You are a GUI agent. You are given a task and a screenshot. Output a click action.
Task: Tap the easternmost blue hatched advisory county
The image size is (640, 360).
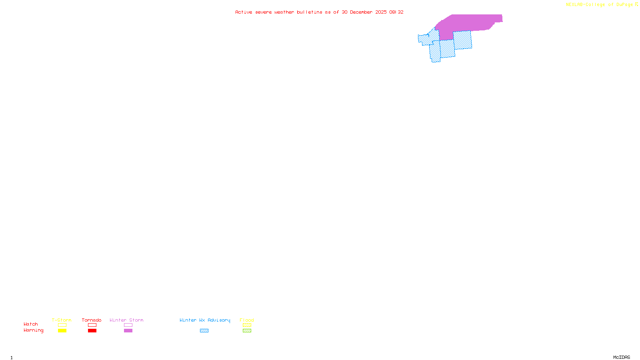coord(463,40)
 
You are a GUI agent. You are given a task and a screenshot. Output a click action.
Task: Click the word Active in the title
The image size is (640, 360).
coord(244,12)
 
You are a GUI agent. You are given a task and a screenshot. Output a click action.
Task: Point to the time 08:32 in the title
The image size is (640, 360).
coord(396,12)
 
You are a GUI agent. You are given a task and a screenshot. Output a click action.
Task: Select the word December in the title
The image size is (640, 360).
coord(361,12)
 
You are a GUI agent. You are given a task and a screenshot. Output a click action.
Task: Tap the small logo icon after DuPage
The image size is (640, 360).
coord(636,5)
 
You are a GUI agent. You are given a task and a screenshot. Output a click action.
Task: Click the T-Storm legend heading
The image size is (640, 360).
coord(62,320)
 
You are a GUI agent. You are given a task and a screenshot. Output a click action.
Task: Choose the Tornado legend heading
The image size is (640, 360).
coord(92,320)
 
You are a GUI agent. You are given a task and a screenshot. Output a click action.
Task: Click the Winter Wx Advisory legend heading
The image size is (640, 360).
coord(205,320)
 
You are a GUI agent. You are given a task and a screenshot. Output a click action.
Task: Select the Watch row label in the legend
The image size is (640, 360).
coord(31,324)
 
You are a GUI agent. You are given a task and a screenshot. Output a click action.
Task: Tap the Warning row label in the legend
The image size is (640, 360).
coord(34,330)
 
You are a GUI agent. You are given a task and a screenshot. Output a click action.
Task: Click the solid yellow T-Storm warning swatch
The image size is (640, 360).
coord(62,331)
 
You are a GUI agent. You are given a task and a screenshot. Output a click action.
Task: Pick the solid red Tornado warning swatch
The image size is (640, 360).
coord(92,331)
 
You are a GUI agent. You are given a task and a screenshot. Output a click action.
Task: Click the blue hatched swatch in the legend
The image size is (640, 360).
coord(204,331)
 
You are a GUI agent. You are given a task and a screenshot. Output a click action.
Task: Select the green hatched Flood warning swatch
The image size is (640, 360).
coord(247,331)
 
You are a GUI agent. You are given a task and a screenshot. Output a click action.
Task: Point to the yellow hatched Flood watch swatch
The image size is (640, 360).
coord(247,325)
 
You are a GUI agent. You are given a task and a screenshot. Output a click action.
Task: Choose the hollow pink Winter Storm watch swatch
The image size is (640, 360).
coord(128,325)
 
